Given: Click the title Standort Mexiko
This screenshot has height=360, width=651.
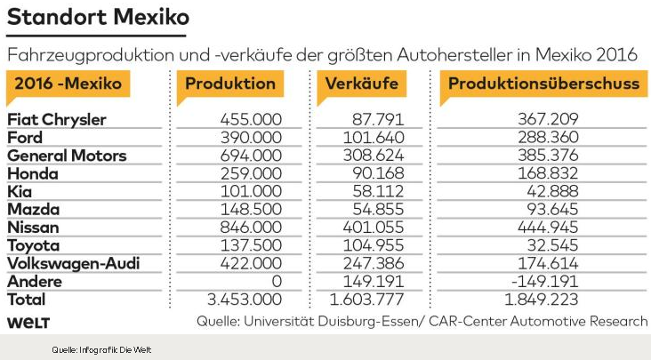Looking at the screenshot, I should coord(99,17).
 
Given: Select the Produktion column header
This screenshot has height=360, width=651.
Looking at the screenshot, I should coord(230,84).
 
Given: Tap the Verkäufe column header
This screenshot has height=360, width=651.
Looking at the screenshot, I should coord(361,84).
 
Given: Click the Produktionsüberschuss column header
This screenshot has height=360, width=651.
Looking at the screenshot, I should coord(543,84).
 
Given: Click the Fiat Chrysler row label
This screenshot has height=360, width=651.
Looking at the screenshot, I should coord(57,119).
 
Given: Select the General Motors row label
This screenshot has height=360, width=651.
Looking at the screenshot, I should coord(67,156).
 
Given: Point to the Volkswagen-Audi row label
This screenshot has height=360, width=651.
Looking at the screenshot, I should coord(74,264).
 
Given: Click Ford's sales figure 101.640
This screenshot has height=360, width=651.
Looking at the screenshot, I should coord(373,138).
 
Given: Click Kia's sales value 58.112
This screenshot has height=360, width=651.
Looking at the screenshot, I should coord(377,191).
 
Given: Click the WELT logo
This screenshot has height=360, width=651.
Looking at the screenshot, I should coord(28,321).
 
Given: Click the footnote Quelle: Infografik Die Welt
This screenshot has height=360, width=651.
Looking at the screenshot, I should coord(94,349).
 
